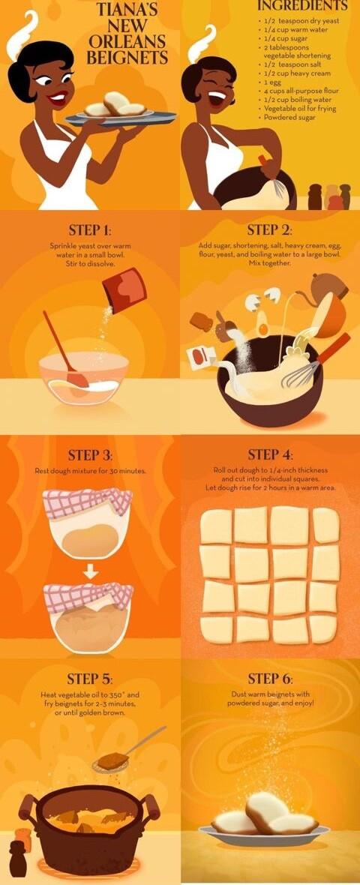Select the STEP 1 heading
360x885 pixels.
click(x=90, y=231)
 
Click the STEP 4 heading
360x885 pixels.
click(x=270, y=455)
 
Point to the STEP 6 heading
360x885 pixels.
click(x=270, y=679)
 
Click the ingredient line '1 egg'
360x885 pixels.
click(x=271, y=82)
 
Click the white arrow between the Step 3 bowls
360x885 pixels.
click(x=89, y=572)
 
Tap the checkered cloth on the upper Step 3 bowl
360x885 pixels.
click(x=88, y=501)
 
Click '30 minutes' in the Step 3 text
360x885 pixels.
click(x=126, y=471)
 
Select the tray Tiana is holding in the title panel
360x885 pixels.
click(x=120, y=118)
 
